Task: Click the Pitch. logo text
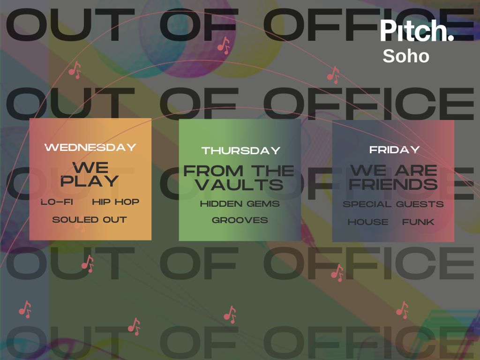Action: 417,30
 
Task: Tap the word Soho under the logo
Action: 406,56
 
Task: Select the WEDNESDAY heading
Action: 90,147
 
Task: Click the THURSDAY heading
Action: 241,150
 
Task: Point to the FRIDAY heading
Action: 394,150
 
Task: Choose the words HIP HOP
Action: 116,202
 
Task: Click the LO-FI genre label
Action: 57,202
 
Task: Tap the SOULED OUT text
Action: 90,219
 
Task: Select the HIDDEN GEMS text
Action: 240,204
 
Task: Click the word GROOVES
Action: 240,220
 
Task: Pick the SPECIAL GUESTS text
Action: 393,204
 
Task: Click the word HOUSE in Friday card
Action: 368,222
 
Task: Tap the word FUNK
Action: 418,222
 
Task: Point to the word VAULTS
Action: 240,184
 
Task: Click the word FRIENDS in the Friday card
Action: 393,184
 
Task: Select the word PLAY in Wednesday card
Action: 90,180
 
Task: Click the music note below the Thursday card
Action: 230,315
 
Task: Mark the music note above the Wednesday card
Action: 75,70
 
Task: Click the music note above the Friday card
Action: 333,75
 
